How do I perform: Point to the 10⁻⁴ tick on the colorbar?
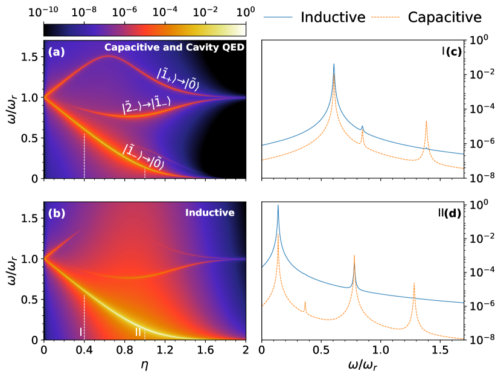pyautogui.click(x=165, y=11)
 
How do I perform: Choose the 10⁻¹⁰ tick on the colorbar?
pyautogui.click(x=44, y=11)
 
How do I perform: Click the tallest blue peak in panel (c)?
pyautogui.click(x=334, y=64)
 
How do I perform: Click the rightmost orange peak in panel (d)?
pyautogui.click(x=414, y=283)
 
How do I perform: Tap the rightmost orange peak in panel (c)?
pyautogui.click(x=426, y=121)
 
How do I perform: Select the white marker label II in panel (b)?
pyautogui.click(x=138, y=332)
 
